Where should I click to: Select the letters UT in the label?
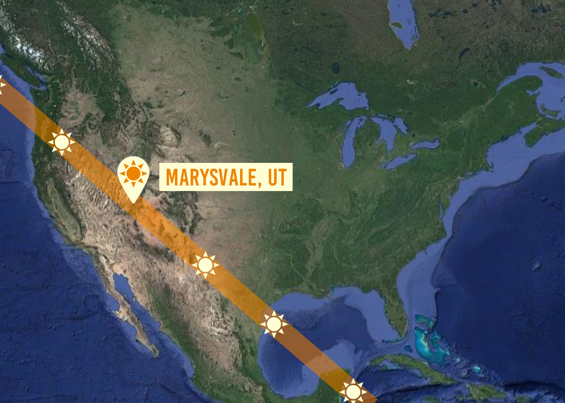277,177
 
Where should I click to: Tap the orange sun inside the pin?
133,173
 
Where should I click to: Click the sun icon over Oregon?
62,142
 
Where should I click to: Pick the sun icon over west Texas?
205,265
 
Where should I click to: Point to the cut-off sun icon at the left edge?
1,85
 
